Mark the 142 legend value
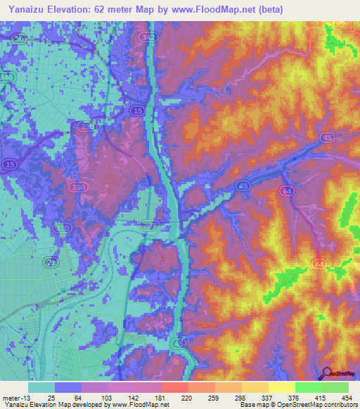pos(136,397)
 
